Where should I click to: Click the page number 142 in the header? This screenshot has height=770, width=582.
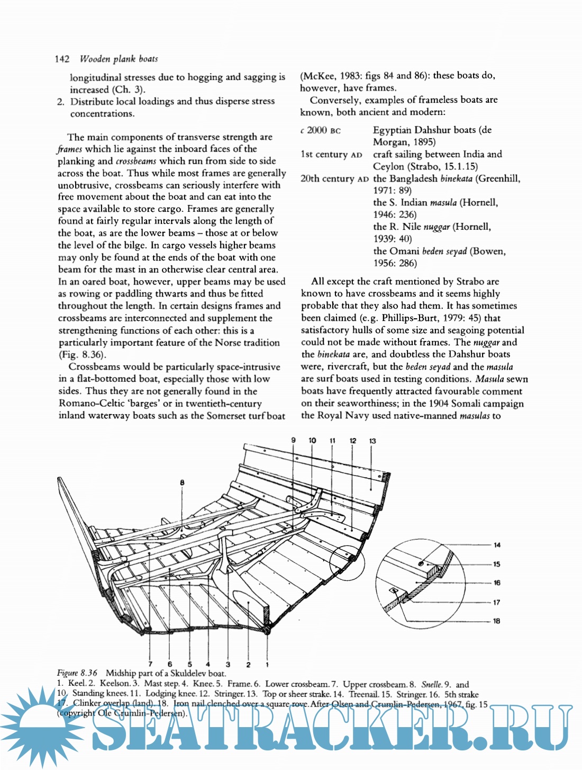pos(62,59)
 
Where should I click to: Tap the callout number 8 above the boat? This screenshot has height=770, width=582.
pos(182,482)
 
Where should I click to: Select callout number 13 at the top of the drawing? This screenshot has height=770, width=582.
pos(372,441)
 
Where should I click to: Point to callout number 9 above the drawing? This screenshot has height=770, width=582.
pos(294,440)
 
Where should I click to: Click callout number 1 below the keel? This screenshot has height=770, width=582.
pos(267,664)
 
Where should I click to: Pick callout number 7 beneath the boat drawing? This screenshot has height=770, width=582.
pos(150,664)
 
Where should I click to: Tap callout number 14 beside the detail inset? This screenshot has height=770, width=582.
pos(497,545)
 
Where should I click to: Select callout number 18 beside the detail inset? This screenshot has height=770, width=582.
pos(496,621)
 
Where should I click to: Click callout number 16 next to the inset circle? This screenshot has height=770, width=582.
pos(497,583)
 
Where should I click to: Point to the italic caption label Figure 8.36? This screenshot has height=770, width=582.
pos(77,673)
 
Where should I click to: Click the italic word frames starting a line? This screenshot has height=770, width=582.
pos(70,149)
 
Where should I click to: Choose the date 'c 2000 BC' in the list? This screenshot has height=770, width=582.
pos(320,130)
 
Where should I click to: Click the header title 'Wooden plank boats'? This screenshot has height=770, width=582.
pos(119,59)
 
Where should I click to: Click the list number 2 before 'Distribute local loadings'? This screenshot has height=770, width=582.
pos(61,102)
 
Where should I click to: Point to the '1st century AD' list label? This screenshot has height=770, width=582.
pos(331,155)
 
